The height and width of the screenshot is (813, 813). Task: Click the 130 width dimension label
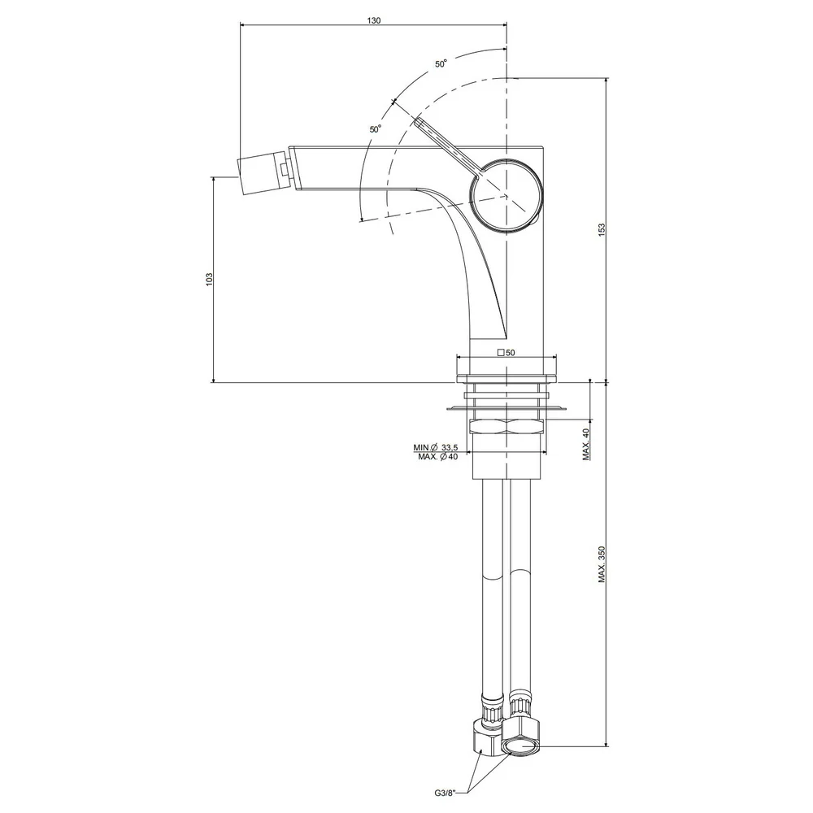coord(373,21)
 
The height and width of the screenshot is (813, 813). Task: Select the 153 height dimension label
coord(602,230)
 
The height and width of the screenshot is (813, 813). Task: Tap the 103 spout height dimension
coord(210,279)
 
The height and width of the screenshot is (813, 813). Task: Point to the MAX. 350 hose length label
coord(602,563)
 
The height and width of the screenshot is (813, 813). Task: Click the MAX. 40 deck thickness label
coord(586,445)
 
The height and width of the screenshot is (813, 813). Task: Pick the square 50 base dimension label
coord(506,353)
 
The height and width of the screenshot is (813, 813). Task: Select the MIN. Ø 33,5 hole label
coord(436,447)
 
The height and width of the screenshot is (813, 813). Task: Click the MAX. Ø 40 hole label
coord(438,457)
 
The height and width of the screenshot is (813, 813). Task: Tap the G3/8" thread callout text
coord(445,793)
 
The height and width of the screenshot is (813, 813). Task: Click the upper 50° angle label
coord(441,63)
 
